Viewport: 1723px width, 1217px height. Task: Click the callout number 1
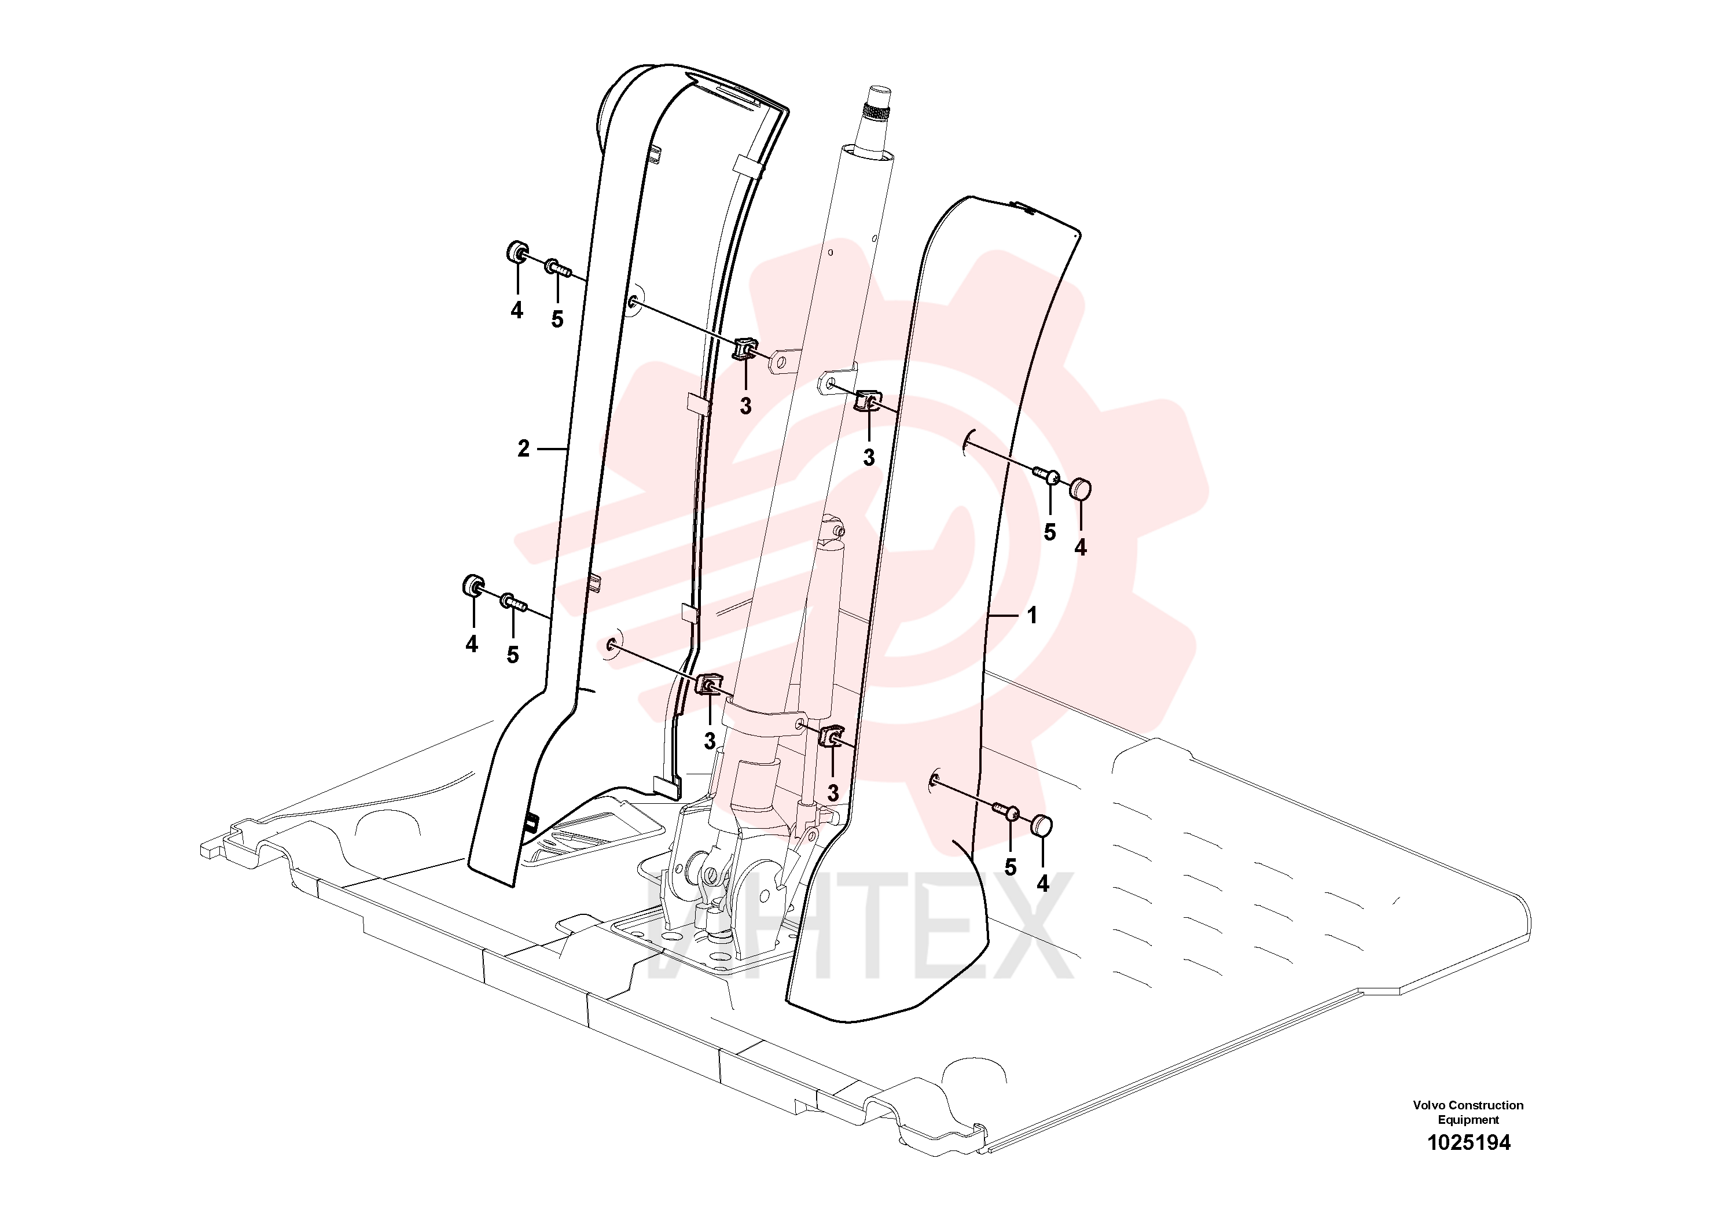tap(1032, 615)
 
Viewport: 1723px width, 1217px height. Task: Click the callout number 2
tap(524, 448)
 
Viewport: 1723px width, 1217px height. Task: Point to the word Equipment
tap(1468, 1119)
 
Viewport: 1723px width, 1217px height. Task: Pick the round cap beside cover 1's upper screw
tap(1080, 488)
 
